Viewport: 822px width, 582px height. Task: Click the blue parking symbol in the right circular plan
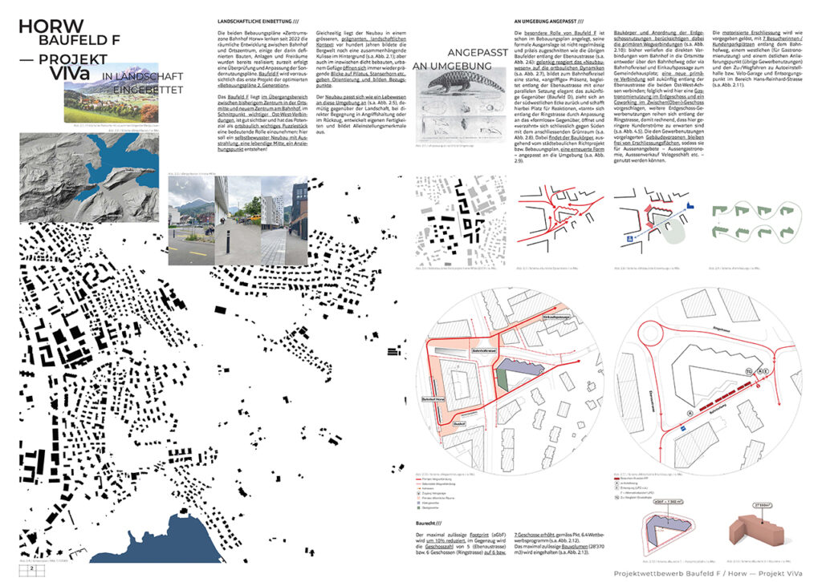(x=682, y=430)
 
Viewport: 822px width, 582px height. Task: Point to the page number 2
(x=32, y=568)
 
